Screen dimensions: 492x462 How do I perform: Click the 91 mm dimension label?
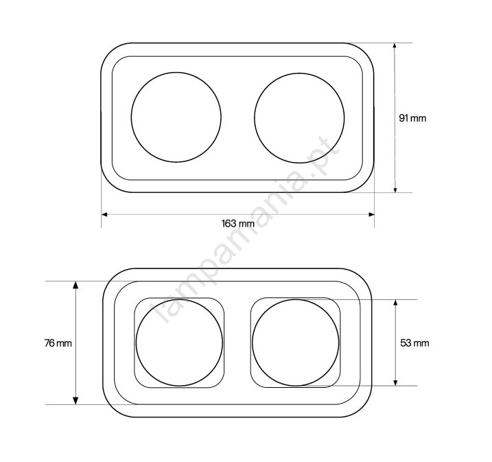click(x=412, y=118)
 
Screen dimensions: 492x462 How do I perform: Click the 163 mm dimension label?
click(x=238, y=224)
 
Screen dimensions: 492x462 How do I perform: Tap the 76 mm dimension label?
click(x=58, y=343)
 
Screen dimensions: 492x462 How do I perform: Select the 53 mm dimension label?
click(x=414, y=343)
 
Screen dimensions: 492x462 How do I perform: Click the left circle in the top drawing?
click(x=131, y=117)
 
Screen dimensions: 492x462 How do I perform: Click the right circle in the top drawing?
click(x=255, y=118)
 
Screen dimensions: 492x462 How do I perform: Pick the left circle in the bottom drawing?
click(x=136, y=343)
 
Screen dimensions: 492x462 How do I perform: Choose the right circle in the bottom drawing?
click(x=253, y=343)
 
